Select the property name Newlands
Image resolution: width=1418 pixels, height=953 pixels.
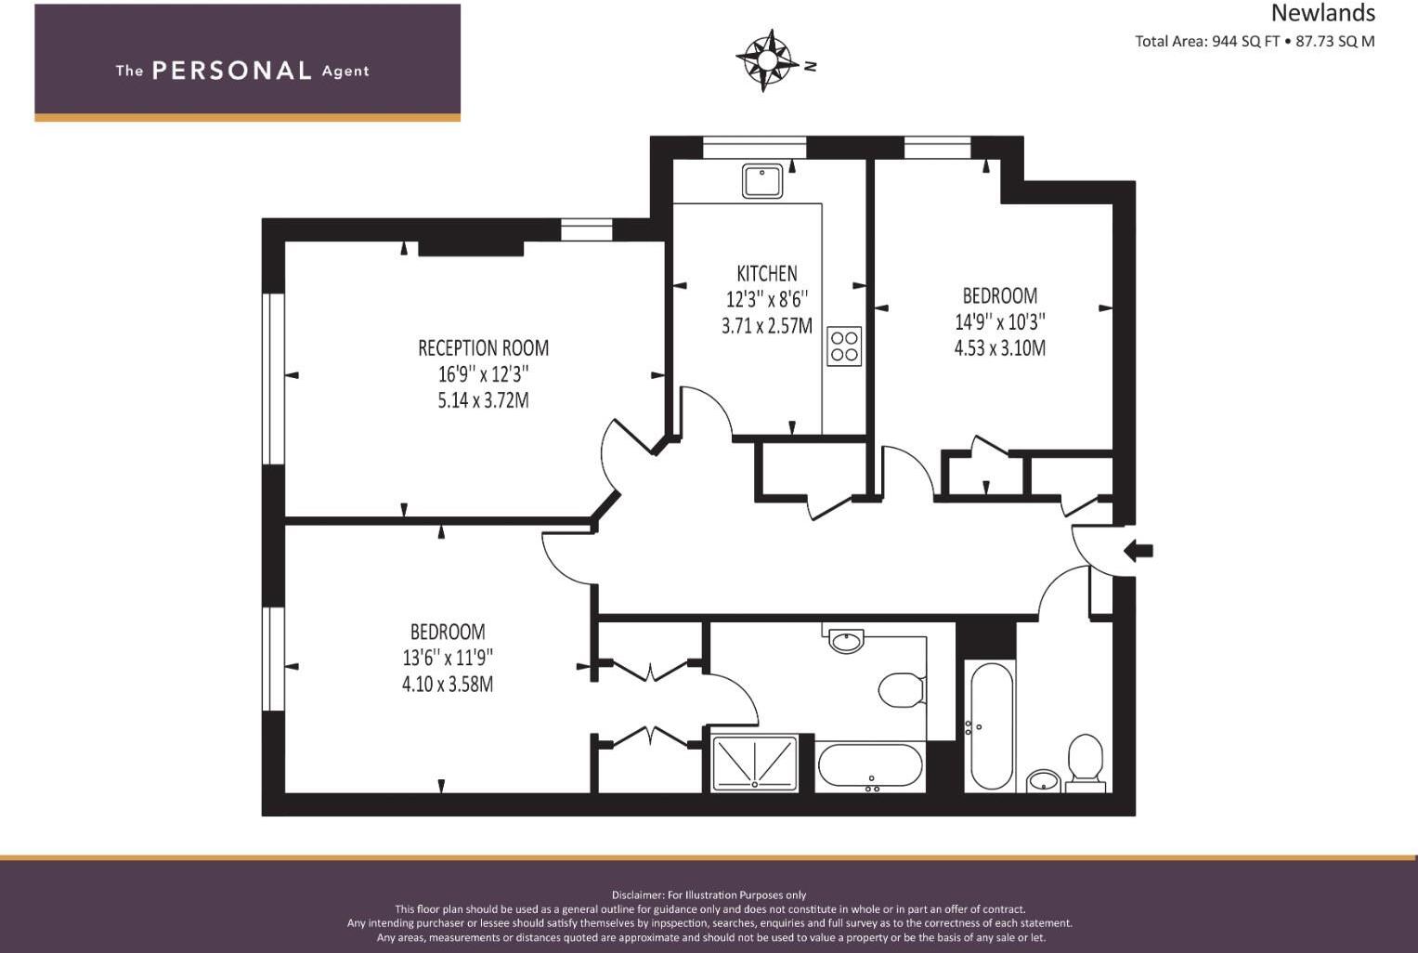tap(1322, 13)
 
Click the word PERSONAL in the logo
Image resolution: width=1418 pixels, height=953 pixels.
tap(231, 71)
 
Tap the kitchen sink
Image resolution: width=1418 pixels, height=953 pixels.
tap(762, 180)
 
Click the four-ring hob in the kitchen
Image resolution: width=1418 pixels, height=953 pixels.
tap(844, 346)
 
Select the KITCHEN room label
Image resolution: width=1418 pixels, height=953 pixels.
tap(766, 273)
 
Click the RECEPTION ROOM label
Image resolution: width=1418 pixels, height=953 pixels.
tap(483, 348)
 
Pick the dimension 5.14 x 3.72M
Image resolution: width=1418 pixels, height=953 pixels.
tap(483, 400)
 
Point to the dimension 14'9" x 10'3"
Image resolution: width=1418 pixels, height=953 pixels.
tap(999, 322)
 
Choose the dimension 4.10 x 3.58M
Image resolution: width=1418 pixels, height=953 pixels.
tap(447, 685)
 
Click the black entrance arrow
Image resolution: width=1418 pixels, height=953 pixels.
tap(1138, 551)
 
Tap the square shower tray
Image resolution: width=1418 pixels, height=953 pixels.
tap(754, 764)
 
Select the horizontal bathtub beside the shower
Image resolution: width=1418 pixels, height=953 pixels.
tap(870, 765)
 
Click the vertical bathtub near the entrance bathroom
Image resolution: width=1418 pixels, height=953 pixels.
tap(990, 725)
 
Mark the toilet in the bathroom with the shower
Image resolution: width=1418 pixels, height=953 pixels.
tap(900, 690)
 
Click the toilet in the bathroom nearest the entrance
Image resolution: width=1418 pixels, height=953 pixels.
tap(1085, 759)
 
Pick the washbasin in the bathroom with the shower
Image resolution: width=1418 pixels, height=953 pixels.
tap(846, 640)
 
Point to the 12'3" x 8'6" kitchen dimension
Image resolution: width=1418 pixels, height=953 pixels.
tap(766, 299)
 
